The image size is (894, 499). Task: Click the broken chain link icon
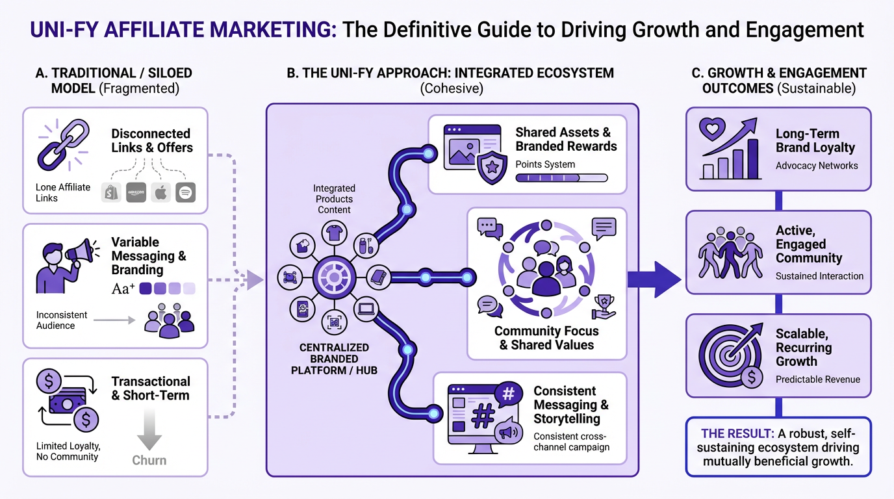[61, 144]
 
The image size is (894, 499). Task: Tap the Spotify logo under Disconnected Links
[185, 192]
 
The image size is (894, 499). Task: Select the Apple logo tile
[160, 192]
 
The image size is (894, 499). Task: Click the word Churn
[149, 460]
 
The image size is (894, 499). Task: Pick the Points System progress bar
[561, 177]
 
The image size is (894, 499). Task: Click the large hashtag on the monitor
[481, 416]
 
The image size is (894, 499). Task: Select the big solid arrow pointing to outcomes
[656, 277]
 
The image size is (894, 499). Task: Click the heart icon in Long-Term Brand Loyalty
[711, 129]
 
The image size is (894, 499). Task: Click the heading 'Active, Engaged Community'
[808, 244]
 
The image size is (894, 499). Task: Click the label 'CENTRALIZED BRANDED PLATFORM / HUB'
[334, 359]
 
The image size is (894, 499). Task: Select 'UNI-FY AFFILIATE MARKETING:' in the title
[183, 29]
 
